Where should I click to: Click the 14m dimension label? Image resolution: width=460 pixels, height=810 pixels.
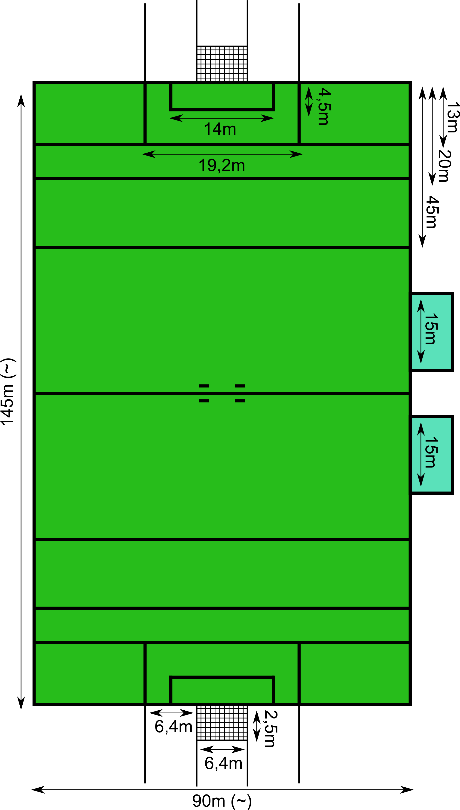point(220,129)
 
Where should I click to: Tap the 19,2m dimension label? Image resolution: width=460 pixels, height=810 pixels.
point(222,166)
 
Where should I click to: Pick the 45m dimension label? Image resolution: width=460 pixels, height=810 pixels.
point(432,212)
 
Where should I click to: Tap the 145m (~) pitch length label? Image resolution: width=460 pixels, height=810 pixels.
point(8,392)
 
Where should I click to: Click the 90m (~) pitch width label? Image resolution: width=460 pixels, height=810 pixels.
point(222,801)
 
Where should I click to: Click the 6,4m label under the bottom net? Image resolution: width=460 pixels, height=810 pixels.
point(223,763)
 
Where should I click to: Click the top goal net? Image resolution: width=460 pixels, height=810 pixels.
point(222,64)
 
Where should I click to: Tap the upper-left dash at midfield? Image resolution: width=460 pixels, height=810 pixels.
point(204,386)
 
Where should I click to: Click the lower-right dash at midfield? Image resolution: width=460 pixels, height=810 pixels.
point(240,401)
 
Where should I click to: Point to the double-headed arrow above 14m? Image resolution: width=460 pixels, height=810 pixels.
point(222,118)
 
